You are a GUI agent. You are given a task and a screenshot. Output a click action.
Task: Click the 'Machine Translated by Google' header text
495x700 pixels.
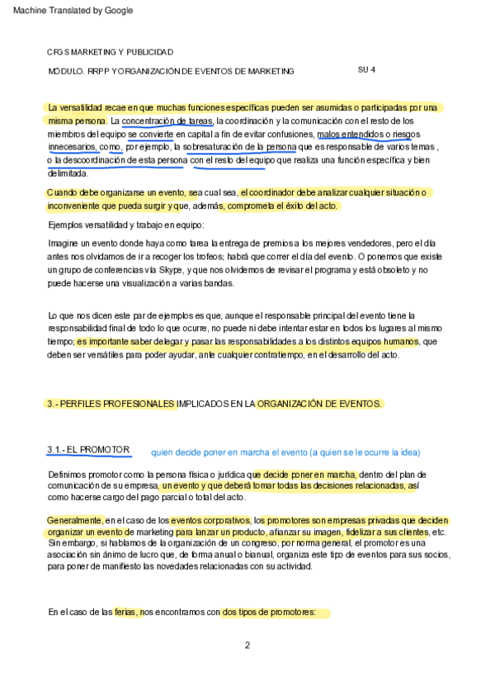68,11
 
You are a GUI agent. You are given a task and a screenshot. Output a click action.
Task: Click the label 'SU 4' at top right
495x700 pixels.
367,69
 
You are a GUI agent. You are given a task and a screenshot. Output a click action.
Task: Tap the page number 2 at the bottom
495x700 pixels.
247,646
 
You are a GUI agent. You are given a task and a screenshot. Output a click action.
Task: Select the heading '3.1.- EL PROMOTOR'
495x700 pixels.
88,450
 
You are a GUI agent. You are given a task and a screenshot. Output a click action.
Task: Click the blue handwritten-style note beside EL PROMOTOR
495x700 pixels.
285,452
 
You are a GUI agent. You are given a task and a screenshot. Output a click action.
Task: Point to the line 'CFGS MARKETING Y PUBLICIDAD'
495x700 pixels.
110,52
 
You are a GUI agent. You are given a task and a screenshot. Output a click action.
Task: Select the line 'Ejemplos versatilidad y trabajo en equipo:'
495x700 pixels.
125,225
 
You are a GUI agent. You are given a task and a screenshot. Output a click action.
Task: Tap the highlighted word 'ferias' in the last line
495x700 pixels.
126,613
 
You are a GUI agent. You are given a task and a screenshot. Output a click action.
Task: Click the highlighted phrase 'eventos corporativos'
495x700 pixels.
210,521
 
